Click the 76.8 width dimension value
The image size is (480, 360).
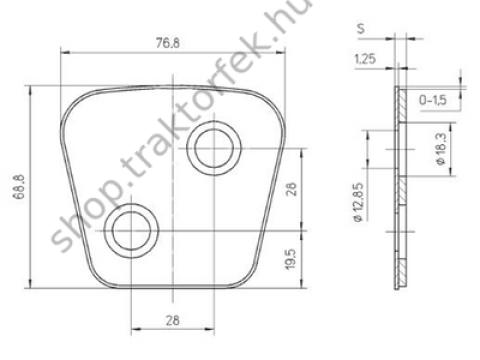pos(167,43)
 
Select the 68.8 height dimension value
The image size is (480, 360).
pos(19,187)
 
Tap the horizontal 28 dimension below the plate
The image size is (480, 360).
pos(172,321)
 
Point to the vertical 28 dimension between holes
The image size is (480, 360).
pos(291,189)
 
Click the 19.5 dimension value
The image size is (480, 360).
pos(290,258)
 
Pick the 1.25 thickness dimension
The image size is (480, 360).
pos(365,59)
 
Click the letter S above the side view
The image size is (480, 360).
pos(361,28)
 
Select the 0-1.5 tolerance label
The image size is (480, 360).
pos(433,100)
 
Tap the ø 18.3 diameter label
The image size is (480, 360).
pos(441,149)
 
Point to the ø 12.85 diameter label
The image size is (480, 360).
pos(358,202)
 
